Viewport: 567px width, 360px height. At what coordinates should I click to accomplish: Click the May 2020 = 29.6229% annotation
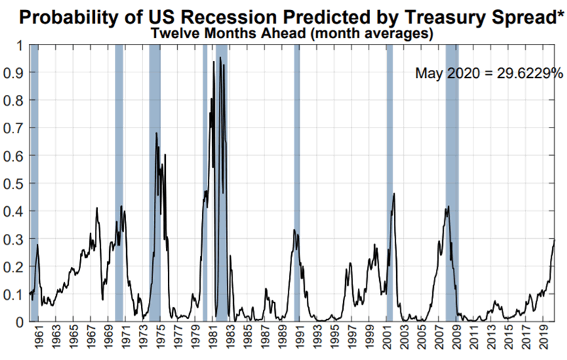[x=488, y=73]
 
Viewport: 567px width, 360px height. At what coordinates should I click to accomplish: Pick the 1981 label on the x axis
[x=212, y=342]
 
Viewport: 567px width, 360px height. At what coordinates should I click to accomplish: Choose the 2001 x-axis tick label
[x=386, y=342]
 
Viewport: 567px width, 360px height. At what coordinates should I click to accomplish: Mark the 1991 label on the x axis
[x=299, y=342]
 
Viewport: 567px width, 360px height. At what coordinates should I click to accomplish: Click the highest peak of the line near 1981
[x=220, y=57]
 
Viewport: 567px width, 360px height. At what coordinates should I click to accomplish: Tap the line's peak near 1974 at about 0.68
[x=157, y=133]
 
